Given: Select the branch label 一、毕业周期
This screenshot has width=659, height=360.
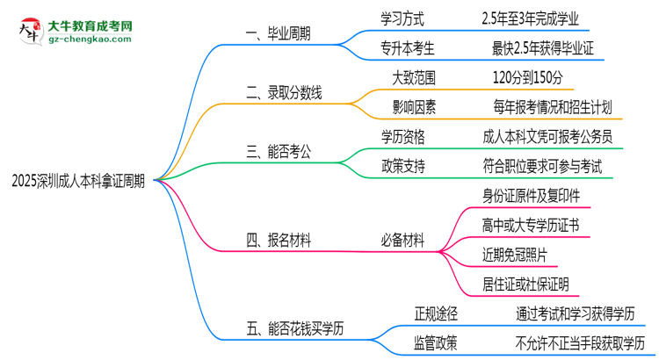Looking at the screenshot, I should [279, 34].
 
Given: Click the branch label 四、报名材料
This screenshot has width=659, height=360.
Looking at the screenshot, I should [279, 238].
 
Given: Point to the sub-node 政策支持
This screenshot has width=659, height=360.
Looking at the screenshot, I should [406, 164].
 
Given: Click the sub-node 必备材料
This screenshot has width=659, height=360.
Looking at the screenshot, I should [402, 238].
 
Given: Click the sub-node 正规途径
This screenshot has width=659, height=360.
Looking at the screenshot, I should [437, 313].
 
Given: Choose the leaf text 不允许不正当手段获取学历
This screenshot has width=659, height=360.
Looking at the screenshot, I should [580, 342].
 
